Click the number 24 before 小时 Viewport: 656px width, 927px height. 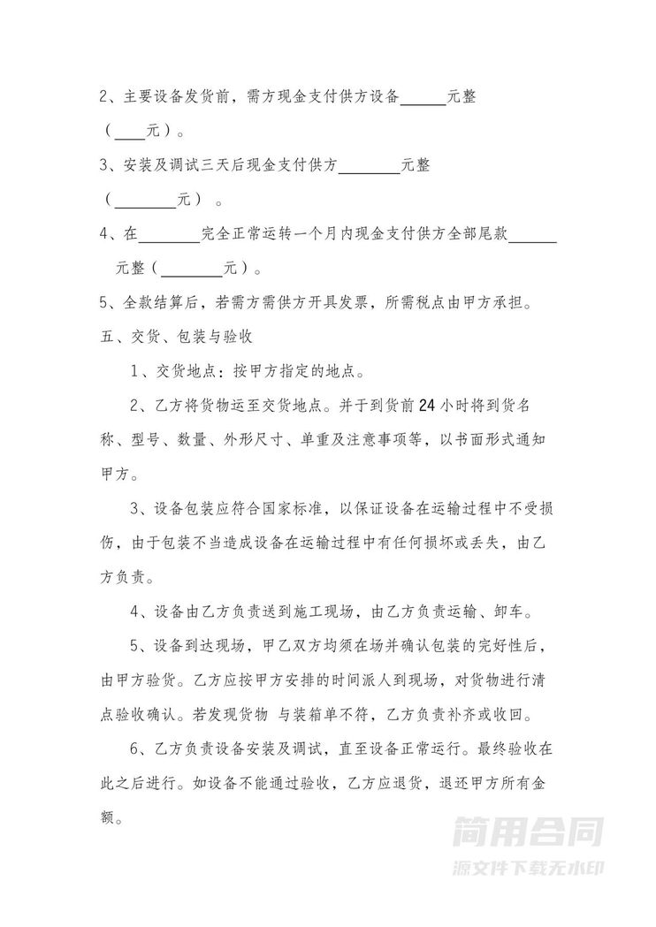click(423, 407)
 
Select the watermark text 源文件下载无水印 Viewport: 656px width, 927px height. click(528, 865)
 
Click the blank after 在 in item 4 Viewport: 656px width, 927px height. click(171, 233)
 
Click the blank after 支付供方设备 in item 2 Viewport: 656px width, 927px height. click(423, 98)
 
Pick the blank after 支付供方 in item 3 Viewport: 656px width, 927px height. click(370, 165)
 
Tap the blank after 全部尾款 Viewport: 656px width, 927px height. click(534, 233)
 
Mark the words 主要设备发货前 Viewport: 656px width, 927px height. click(173, 98)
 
